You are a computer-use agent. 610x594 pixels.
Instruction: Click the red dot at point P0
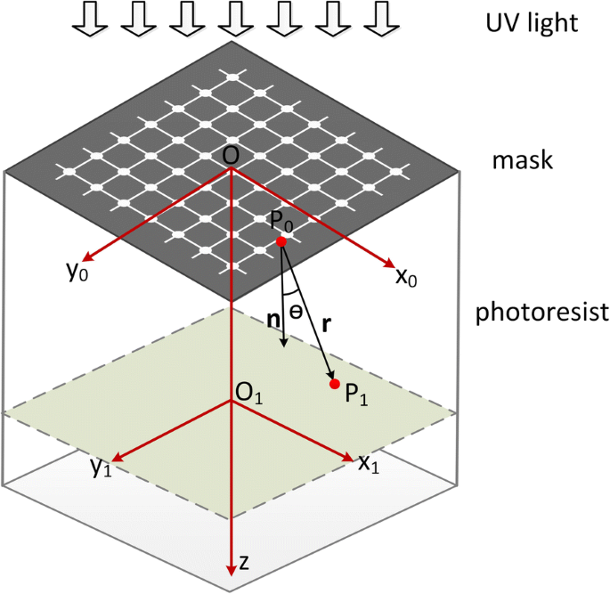click(281, 242)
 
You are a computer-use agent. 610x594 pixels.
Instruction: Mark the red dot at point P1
click(335, 384)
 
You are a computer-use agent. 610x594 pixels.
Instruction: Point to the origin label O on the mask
click(231, 155)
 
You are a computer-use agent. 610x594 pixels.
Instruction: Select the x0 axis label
click(406, 277)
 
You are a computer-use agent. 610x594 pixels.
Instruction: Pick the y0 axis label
click(77, 272)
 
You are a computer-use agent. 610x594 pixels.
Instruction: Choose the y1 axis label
click(101, 468)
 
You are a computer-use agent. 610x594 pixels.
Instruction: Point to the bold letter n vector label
click(273, 317)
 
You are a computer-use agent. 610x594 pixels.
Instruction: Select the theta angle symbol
click(296, 303)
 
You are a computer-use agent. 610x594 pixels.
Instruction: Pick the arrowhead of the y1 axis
click(114, 459)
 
